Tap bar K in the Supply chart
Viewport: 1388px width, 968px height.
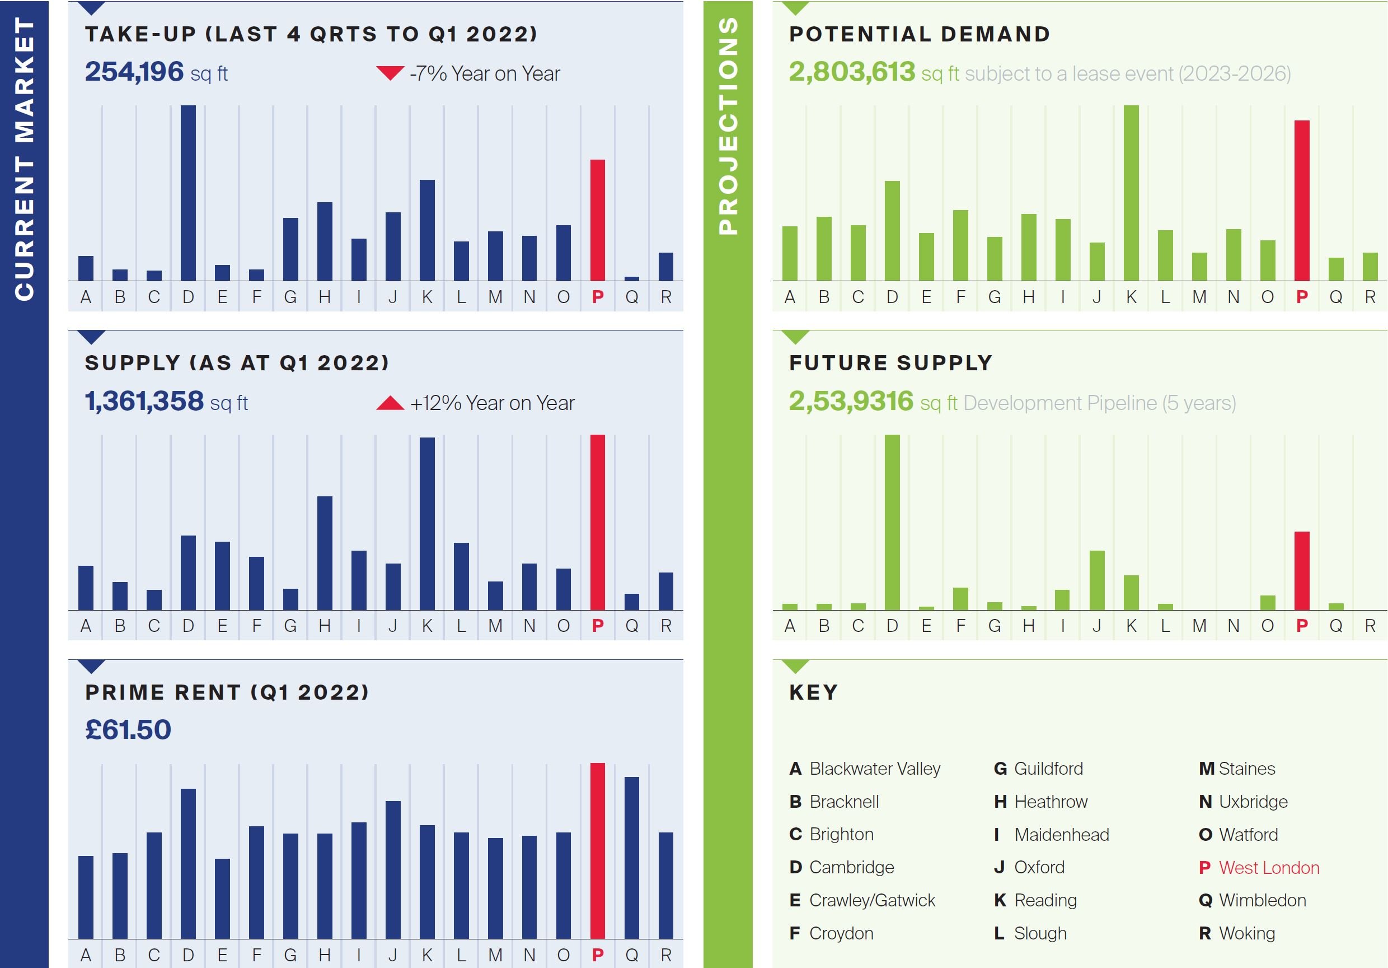coord(427,523)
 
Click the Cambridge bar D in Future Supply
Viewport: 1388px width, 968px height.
coord(892,522)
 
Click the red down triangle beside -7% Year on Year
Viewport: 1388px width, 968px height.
coord(390,73)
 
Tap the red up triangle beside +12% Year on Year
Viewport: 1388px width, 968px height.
coord(390,403)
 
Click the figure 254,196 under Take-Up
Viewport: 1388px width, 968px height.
coord(134,72)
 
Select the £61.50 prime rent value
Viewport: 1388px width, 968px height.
coord(128,729)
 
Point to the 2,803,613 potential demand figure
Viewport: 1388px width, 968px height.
coord(852,72)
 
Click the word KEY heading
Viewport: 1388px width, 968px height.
coord(814,692)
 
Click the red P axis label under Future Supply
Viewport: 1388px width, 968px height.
coord(1302,626)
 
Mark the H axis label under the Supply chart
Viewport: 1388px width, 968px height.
coord(325,626)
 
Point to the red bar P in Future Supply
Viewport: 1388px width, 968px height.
coord(1302,570)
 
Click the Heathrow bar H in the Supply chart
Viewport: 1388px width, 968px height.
coord(325,552)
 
